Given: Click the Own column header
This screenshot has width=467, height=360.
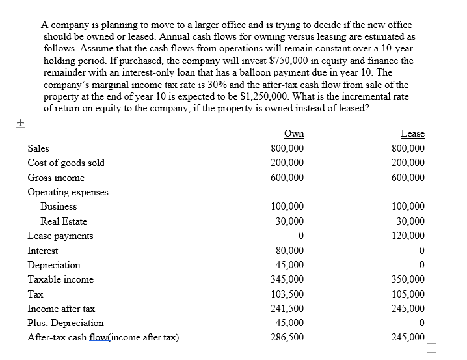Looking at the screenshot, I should [x=295, y=133].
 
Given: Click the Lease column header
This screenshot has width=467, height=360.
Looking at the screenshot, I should [x=412, y=133].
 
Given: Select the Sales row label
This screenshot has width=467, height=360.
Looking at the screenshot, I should [x=38, y=148].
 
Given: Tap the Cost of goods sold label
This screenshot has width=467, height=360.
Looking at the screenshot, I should [x=66, y=163].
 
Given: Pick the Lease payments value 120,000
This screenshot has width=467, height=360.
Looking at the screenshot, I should [x=411, y=236].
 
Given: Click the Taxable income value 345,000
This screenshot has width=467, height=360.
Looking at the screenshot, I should [x=287, y=279].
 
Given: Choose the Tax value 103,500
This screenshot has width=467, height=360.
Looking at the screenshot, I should [x=287, y=294].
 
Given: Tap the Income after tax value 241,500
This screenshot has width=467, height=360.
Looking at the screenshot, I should [x=287, y=309].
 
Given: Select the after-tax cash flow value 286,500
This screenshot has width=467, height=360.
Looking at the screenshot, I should [x=287, y=337].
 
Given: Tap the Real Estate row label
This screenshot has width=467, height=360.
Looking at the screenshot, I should [x=63, y=221].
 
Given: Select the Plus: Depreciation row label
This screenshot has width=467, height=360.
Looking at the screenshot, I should [x=65, y=323].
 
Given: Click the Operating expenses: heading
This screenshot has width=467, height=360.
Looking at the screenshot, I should [x=69, y=192].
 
